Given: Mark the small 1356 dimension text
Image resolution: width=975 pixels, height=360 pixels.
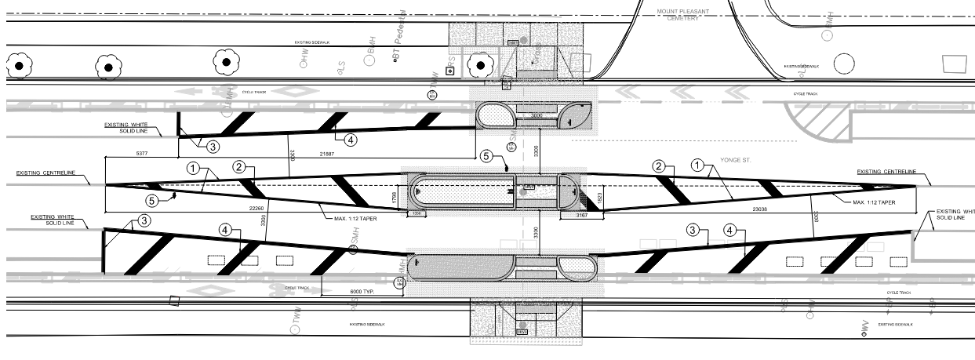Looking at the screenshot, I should click(417, 213).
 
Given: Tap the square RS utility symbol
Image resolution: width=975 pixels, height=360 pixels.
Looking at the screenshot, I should click(449, 70).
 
